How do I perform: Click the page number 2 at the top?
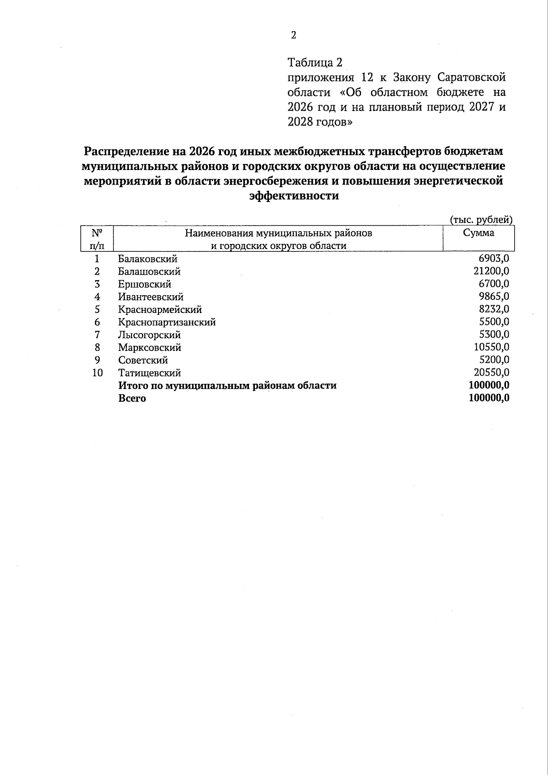(x=294, y=35)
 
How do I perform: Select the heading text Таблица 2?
(x=315, y=62)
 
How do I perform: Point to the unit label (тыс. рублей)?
(x=481, y=220)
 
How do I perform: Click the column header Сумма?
(x=479, y=233)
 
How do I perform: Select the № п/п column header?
(x=97, y=239)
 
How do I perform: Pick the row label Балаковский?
(x=148, y=259)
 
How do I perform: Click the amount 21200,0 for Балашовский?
(x=491, y=271)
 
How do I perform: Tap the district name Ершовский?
(x=144, y=284)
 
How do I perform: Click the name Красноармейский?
(x=160, y=310)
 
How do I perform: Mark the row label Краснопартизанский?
(x=167, y=322)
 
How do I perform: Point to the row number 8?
(x=97, y=347)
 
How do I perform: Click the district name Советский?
(x=143, y=360)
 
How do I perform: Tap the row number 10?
(x=97, y=373)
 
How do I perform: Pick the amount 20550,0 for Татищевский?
(x=491, y=372)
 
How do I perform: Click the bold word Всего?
(x=132, y=398)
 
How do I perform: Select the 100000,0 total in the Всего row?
(x=489, y=398)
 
